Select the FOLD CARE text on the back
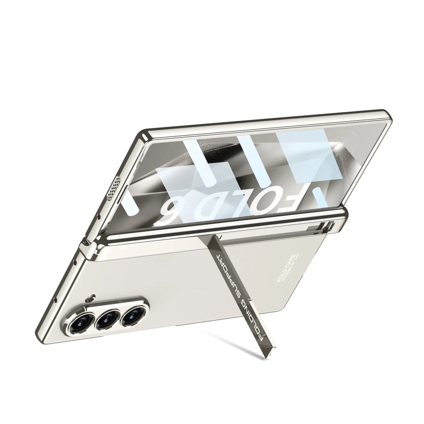click(x=284, y=268)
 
